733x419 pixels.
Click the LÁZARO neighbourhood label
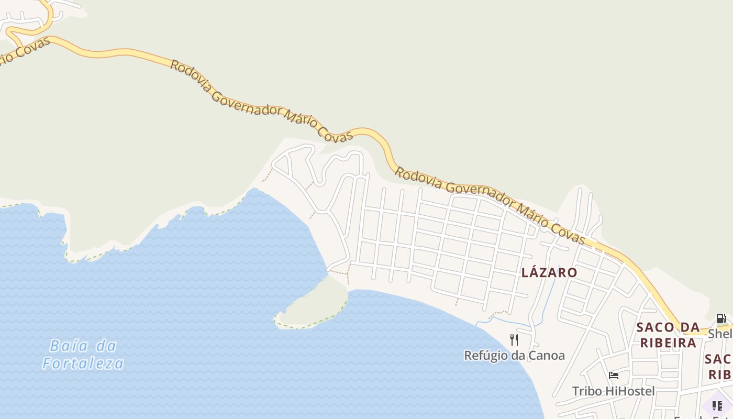coord(549,272)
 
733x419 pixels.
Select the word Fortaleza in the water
coord(83,363)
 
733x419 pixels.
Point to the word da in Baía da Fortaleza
coord(107,346)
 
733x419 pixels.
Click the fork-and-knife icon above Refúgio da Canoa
coord(514,340)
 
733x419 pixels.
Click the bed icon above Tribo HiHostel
coord(614,375)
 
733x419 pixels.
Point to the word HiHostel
coord(630,391)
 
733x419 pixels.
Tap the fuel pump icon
coord(721,318)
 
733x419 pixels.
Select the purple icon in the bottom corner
coord(717,405)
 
